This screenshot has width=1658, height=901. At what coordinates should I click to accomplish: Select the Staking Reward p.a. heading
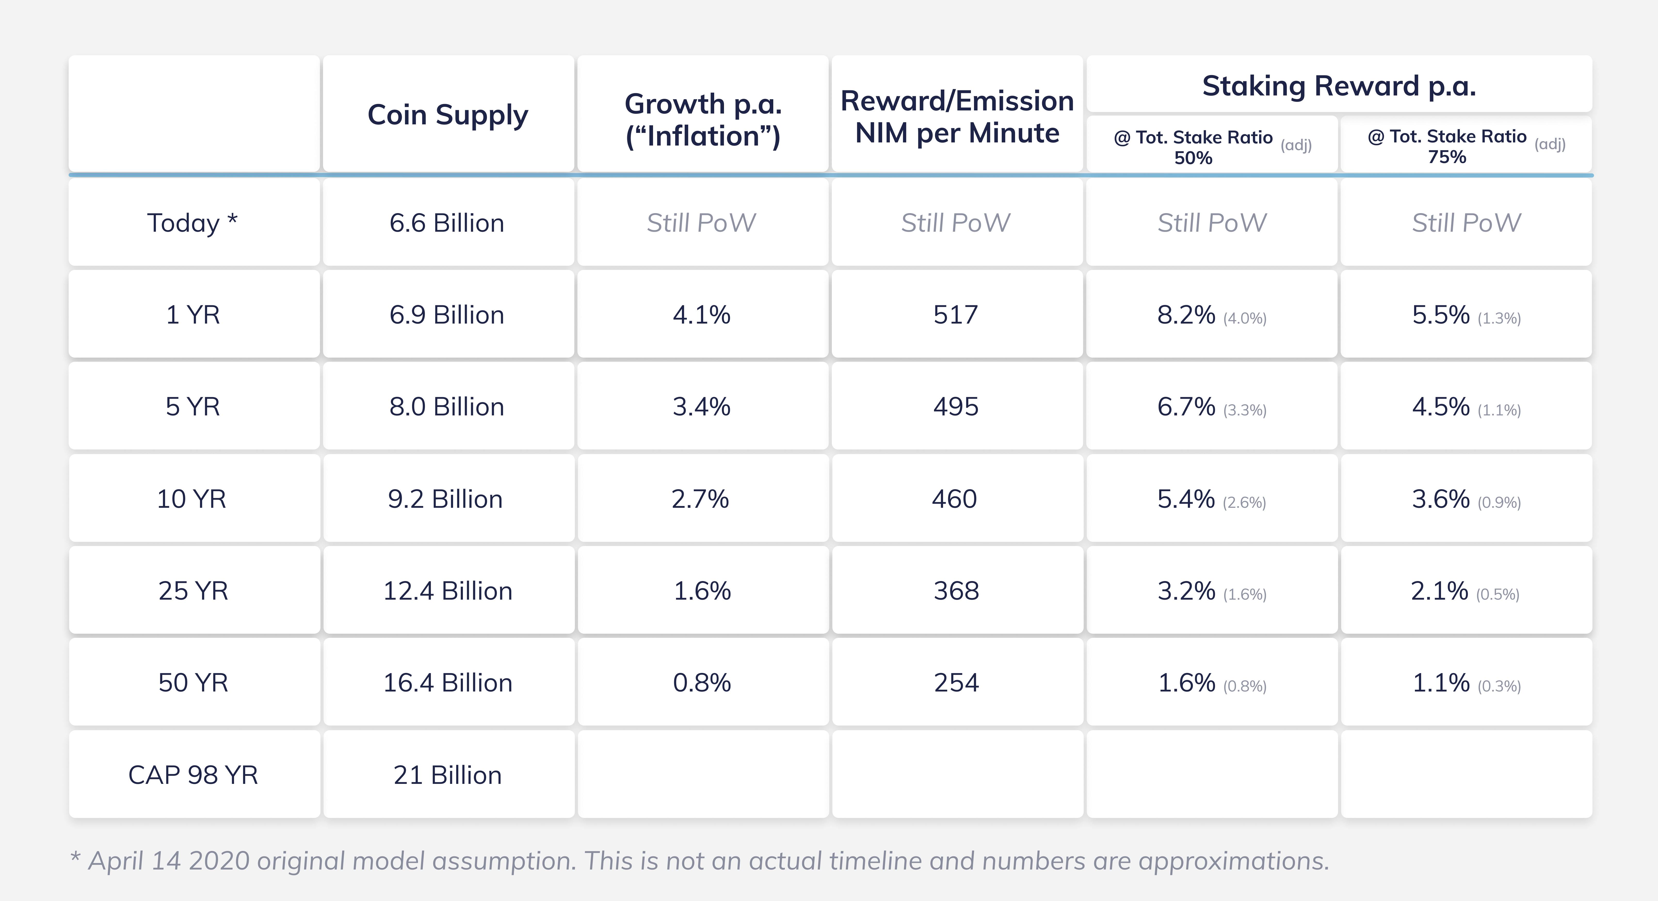click(x=1339, y=86)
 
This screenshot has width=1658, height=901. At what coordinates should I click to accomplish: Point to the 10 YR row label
click(x=192, y=499)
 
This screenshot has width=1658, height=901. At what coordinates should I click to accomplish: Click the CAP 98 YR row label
click(x=193, y=775)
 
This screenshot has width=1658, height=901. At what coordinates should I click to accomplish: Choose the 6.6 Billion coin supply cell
click(x=447, y=223)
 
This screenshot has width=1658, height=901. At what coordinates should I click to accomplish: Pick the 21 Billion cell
click(x=447, y=775)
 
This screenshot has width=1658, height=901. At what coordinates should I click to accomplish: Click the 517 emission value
click(x=956, y=315)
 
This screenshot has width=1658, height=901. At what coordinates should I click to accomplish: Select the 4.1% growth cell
click(x=702, y=315)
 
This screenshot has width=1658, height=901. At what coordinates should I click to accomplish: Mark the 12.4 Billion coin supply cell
click(x=447, y=591)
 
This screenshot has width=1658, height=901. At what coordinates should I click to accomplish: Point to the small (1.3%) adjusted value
click(x=1499, y=318)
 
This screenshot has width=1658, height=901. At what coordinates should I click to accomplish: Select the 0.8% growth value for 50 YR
click(x=702, y=683)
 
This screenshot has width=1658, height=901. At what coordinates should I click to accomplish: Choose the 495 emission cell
click(x=956, y=407)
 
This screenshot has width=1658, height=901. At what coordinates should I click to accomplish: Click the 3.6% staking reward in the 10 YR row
click(x=1440, y=499)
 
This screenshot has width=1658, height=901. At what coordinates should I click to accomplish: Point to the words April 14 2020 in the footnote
click(x=169, y=860)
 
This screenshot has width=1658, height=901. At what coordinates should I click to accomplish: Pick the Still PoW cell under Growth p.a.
click(x=702, y=223)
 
